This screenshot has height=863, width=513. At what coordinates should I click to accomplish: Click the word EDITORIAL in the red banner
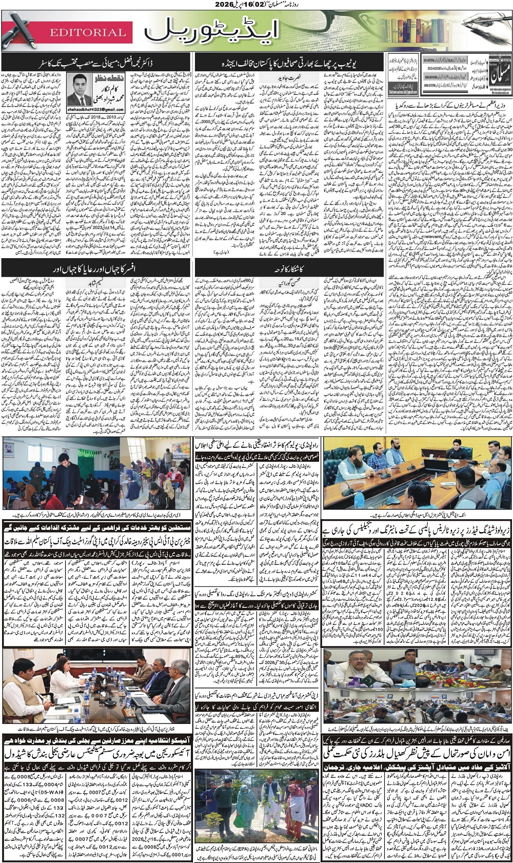coord(87,32)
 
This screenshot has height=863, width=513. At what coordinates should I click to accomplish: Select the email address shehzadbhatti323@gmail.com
coord(96,110)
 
